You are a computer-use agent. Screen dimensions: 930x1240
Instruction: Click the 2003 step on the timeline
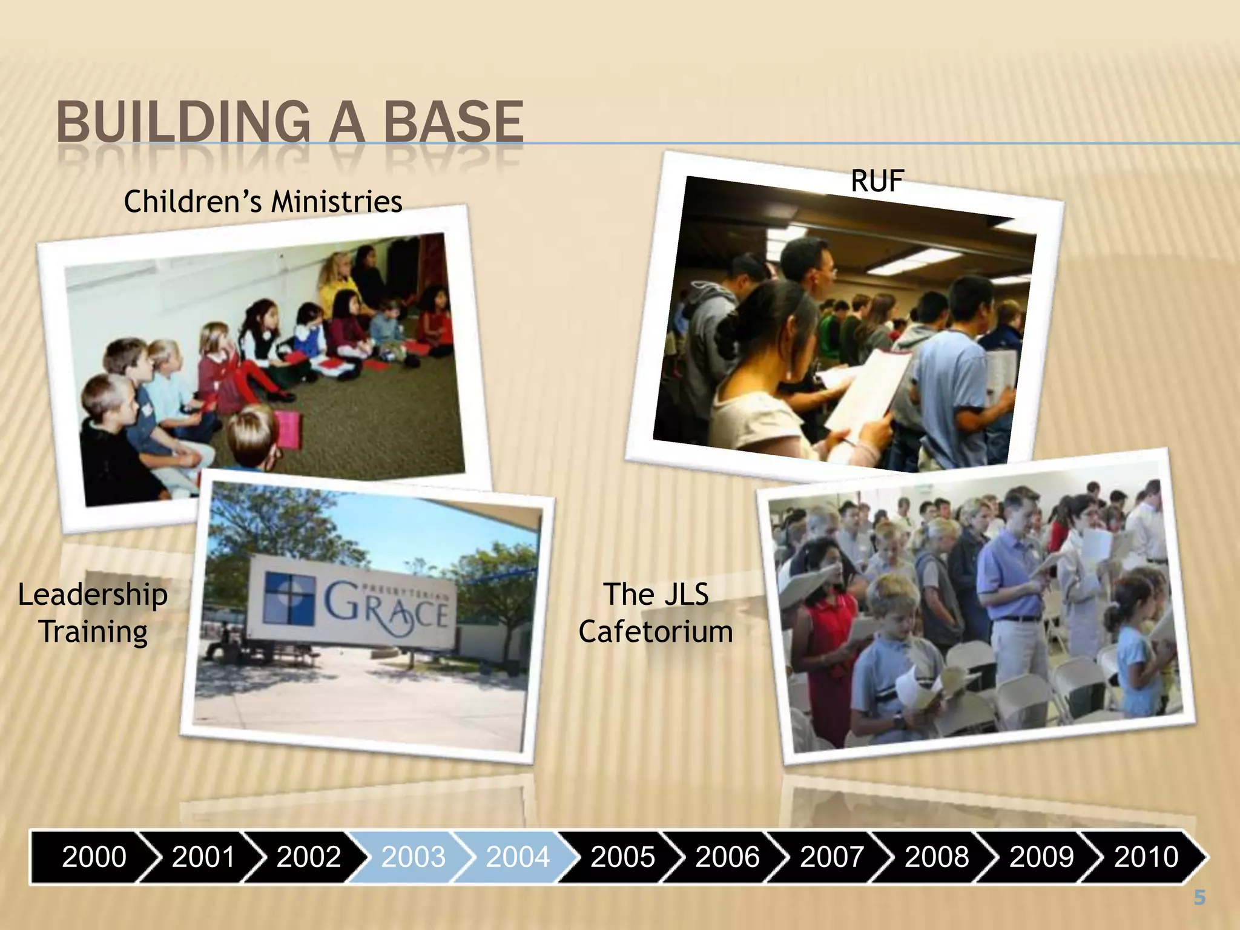(413, 857)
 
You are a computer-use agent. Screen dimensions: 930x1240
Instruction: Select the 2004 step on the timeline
(518, 857)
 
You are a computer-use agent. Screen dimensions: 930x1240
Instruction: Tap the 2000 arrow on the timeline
(94, 857)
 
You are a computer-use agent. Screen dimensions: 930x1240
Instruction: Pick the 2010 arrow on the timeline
(1146, 857)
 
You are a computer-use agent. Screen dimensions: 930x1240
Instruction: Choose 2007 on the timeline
(832, 857)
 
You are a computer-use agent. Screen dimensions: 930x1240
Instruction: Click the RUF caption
(877, 181)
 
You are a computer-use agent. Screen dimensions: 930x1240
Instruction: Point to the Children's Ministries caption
(263, 201)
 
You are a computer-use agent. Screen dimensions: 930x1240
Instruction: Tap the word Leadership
(93, 595)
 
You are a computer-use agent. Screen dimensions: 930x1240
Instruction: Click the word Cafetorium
(656, 632)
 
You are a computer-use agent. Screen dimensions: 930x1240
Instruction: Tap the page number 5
(1199, 898)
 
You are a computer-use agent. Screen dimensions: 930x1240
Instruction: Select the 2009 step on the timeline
(1041, 857)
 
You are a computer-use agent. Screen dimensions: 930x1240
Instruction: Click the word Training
(94, 632)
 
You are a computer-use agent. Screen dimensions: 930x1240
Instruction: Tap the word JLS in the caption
(685, 595)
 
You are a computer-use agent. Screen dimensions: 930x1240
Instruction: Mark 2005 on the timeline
(622, 857)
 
